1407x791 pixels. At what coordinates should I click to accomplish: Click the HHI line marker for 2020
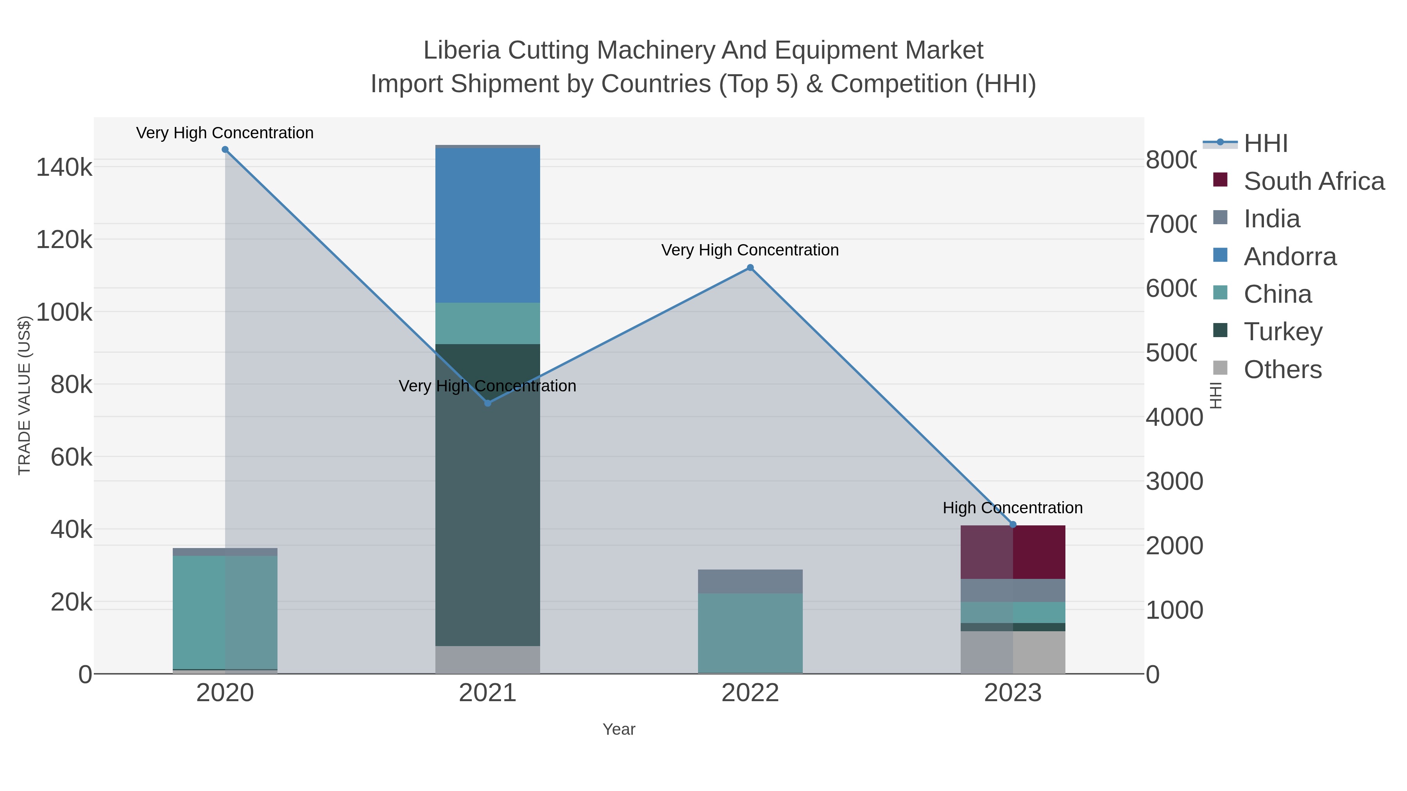tap(225, 150)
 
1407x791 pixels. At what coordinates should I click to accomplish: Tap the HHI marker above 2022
tap(750, 268)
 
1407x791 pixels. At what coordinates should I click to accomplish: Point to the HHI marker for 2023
tap(1013, 525)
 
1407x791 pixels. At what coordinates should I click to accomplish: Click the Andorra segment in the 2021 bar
tap(488, 225)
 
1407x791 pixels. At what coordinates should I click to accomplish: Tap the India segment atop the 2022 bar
tap(750, 581)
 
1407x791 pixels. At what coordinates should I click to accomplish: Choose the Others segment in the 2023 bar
tap(1013, 652)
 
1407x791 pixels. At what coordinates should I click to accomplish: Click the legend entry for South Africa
tap(1313, 181)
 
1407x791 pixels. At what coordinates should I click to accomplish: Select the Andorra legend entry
tap(1290, 257)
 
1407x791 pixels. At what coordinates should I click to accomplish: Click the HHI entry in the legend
tap(1265, 144)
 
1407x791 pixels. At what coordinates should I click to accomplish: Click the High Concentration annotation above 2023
tap(1013, 508)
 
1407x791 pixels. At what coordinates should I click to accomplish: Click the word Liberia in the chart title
tap(462, 50)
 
